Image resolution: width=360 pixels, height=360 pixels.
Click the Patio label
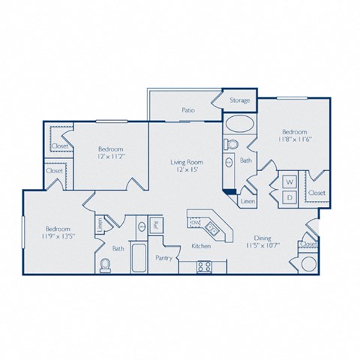[x=187, y=109]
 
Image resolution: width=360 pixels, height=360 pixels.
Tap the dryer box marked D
[x=287, y=196]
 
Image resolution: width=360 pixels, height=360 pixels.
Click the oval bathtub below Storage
[x=238, y=124]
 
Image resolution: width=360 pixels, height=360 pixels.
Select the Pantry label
[x=164, y=258]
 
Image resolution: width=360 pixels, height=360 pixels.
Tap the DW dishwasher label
[x=194, y=223]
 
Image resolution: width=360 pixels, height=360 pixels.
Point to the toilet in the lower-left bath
[x=106, y=264]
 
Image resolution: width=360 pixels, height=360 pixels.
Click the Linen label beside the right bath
[x=246, y=200]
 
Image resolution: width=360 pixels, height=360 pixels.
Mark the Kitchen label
[x=200, y=246]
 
